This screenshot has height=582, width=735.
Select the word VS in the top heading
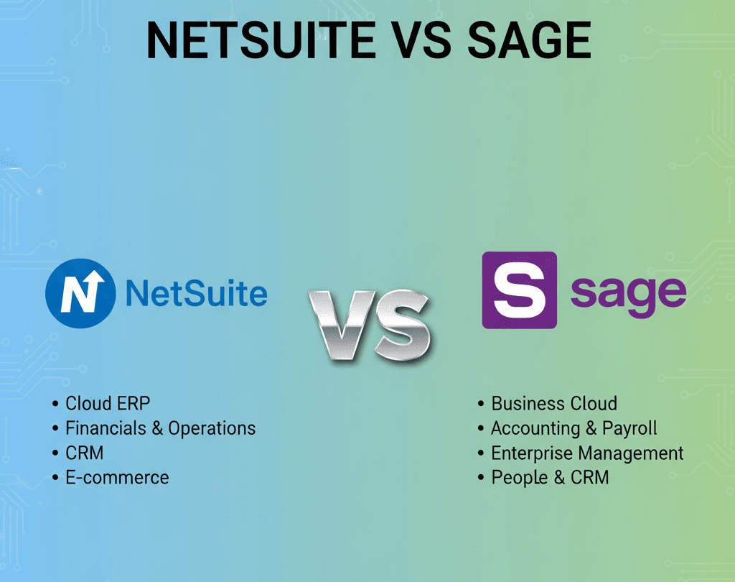coord(421,41)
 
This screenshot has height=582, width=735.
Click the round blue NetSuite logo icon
coord(80,294)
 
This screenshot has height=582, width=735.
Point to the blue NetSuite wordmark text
coord(196,294)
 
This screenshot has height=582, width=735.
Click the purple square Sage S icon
coord(519,290)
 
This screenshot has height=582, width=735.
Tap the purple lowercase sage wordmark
coord(627,293)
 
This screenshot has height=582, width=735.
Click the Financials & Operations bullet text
coord(160,429)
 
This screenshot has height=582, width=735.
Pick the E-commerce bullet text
coord(117,477)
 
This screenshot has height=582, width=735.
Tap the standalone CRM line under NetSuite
coord(84,453)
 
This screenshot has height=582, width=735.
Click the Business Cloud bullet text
coord(554,404)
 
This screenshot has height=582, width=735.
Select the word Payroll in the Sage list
coord(629,430)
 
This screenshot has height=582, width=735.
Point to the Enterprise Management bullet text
coord(587,453)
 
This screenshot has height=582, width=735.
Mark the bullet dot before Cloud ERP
coord(55,404)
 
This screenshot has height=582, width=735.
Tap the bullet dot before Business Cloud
coord(481,404)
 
